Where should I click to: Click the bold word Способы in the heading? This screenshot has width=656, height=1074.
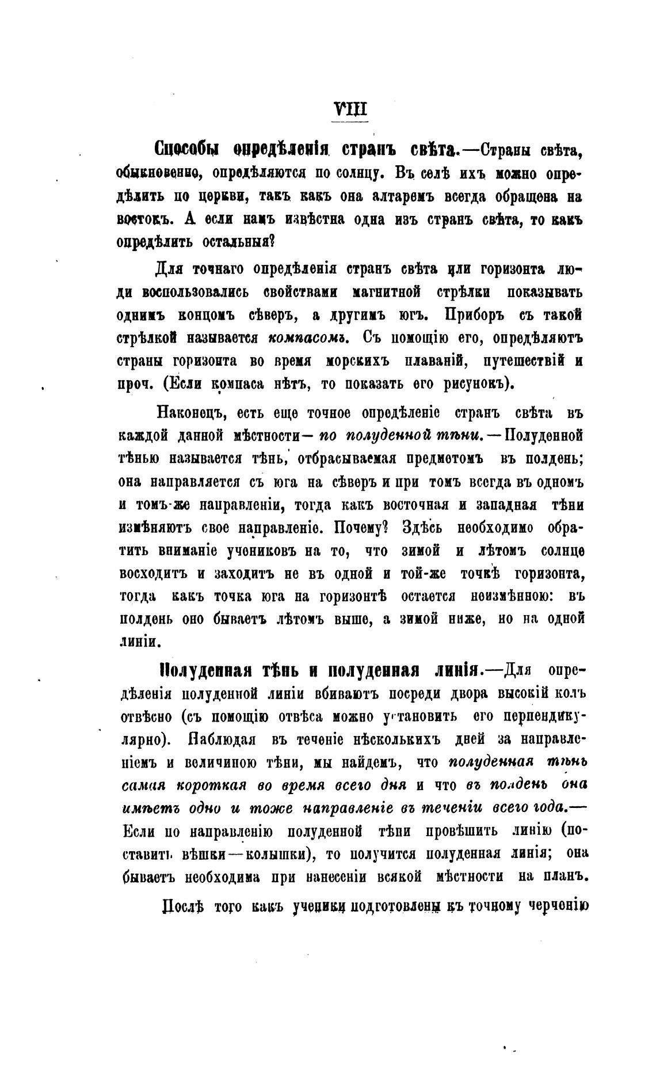coord(187,150)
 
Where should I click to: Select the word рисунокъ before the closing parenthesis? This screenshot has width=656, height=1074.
coord(474,384)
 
